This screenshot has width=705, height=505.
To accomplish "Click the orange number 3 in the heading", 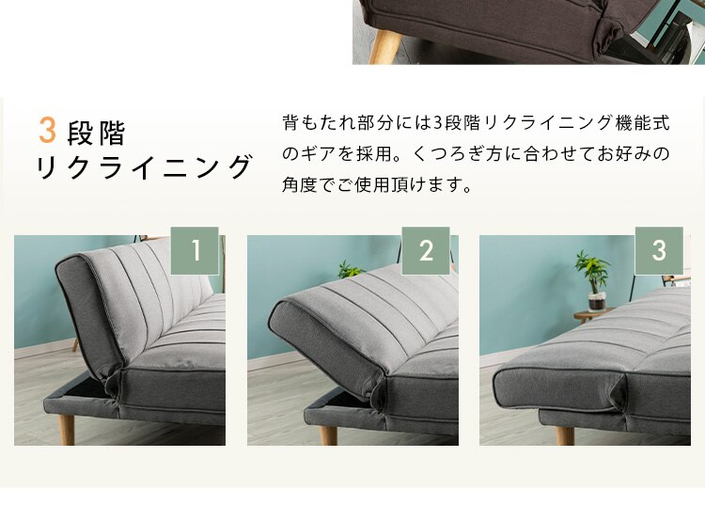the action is [47, 131].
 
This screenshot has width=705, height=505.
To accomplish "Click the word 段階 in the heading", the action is [96, 134].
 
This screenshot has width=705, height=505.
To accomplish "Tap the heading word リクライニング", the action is [145, 166].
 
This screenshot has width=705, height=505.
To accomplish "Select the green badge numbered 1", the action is [195, 250].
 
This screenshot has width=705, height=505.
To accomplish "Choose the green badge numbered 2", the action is [426, 250].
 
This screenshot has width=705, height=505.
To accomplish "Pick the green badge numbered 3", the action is [659, 250].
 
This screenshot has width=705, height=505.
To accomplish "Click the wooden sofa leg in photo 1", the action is [67, 429].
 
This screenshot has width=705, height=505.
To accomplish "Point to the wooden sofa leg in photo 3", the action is [564, 435].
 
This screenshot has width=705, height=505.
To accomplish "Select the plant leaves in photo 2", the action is [350, 269].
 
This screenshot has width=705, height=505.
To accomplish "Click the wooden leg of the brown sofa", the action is [384, 46].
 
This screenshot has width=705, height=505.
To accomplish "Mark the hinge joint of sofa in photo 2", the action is [379, 391].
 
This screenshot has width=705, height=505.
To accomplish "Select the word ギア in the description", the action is [317, 153].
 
